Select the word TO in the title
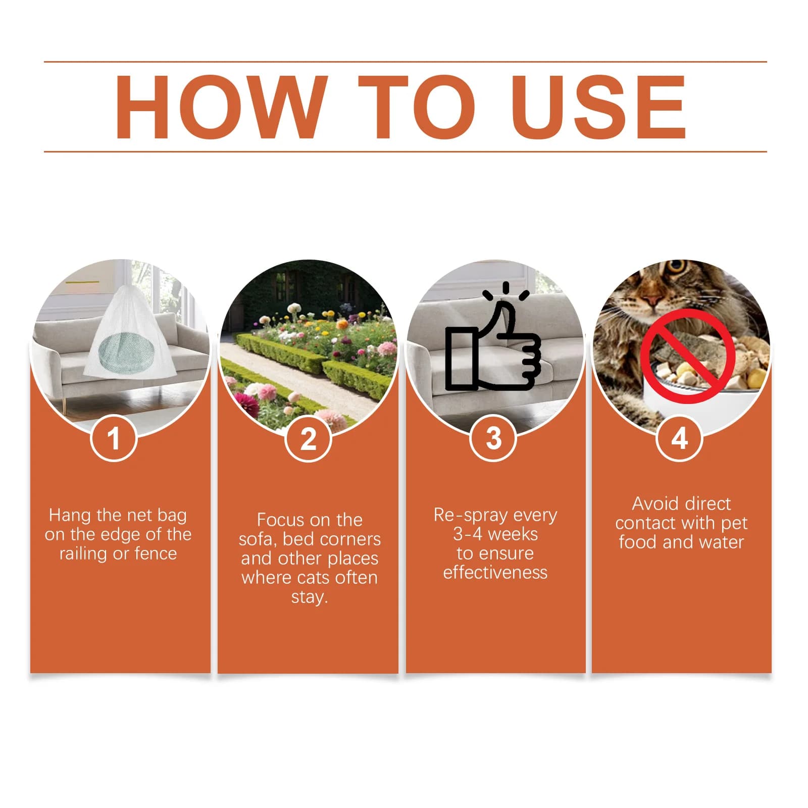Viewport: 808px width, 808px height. click(417, 107)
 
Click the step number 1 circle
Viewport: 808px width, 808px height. click(114, 438)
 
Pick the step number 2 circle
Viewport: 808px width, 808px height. click(308, 438)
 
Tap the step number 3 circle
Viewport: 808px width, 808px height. click(494, 438)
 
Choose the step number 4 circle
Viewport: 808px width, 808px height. click(680, 438)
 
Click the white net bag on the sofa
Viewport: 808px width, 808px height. click(129, 333)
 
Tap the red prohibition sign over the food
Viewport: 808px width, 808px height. click(688, 357)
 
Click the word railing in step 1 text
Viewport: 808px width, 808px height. click(84, 554)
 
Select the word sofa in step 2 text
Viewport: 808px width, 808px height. click(257, 539)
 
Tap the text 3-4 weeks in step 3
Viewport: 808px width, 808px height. click(495, 534)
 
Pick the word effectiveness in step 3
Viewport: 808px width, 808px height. click(495, 572)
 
